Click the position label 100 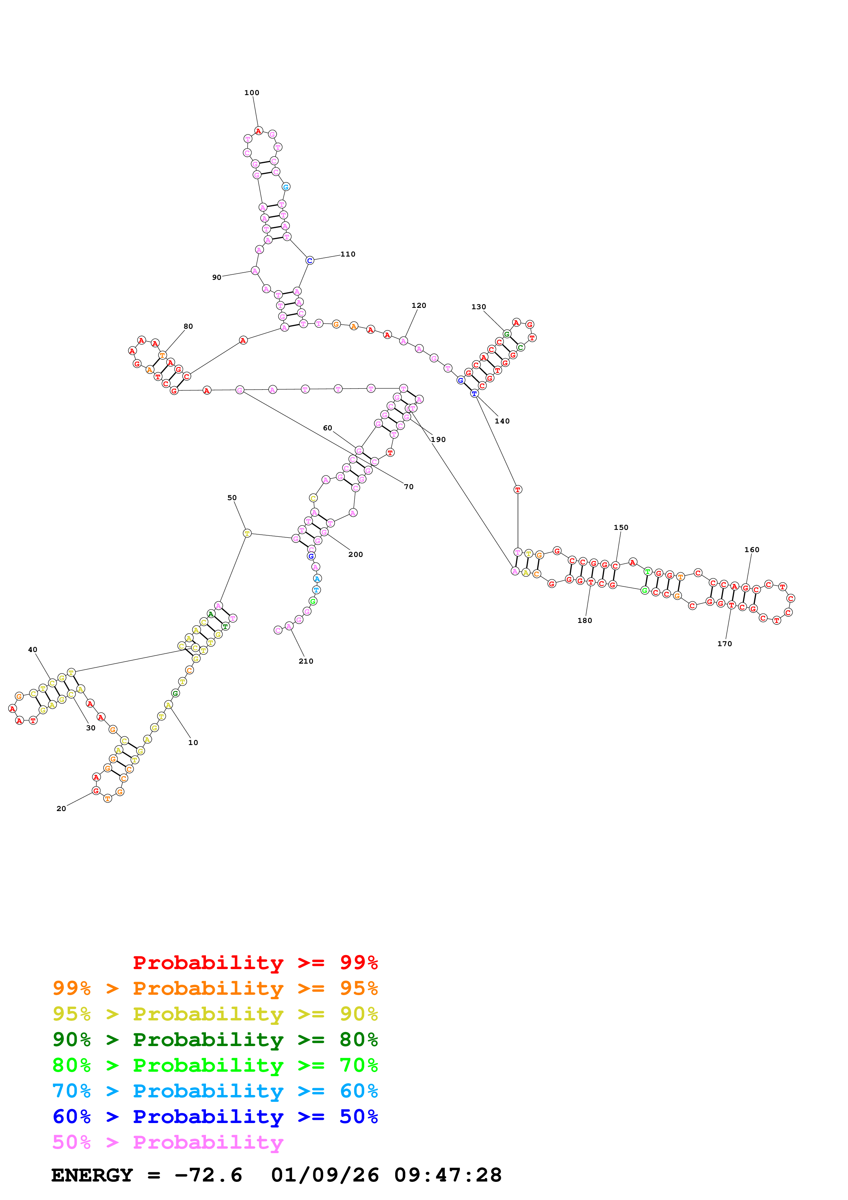tap(251, 92)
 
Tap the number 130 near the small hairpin tap(478, 307)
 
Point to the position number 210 tap(306, 661)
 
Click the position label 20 tap(61, 809)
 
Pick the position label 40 tap(32, 650)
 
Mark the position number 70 tap(408, 486)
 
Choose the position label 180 tap(584, 621)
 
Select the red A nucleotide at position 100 tap(258, 131)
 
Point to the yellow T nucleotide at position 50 tap(247, 533)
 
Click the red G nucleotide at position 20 tap(96, 791)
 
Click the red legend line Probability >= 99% tap(255, 963)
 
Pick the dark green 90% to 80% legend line tap(215, 1040)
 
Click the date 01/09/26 tap(325, 1175)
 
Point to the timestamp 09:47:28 tap(448, 1175)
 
